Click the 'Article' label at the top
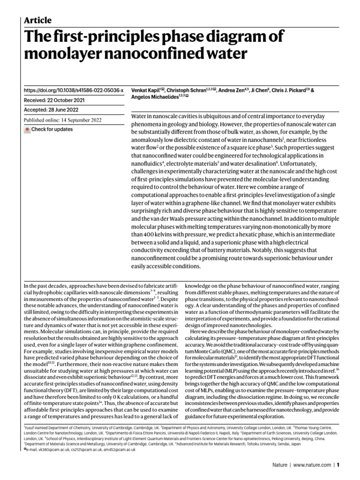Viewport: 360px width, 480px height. pyautogui.click(x=37, y=20)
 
